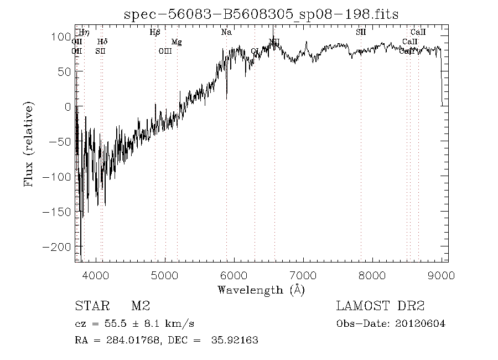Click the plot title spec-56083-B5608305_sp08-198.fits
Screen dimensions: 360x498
261,14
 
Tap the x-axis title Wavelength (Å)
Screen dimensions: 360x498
261,290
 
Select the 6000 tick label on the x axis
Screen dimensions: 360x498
234,275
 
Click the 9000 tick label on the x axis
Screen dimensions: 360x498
441,275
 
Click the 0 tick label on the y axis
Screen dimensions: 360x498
67,107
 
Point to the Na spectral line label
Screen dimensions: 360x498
226,33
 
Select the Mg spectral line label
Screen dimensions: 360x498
176,42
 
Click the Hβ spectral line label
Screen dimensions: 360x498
155,33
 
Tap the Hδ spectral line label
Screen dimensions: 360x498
102,42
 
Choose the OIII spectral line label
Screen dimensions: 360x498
165,52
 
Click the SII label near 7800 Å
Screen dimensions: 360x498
361,33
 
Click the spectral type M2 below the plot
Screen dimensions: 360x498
141,306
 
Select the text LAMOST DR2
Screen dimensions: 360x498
380,306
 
